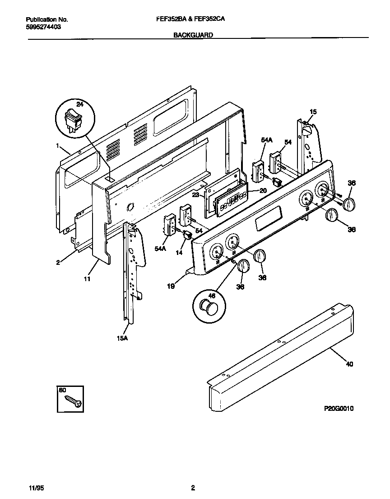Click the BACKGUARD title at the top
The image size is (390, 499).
(193, 35)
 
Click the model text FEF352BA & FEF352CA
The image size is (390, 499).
(195, 20)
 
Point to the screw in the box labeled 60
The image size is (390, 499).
(73, 400)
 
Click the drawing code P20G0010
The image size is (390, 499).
(339, 409)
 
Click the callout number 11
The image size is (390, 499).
(87, 279)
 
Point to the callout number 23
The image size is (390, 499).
(195, 195)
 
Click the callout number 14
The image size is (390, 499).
(179, 253)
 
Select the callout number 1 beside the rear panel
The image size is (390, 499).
(58, 146)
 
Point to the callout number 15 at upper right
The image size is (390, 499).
(313, 112)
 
